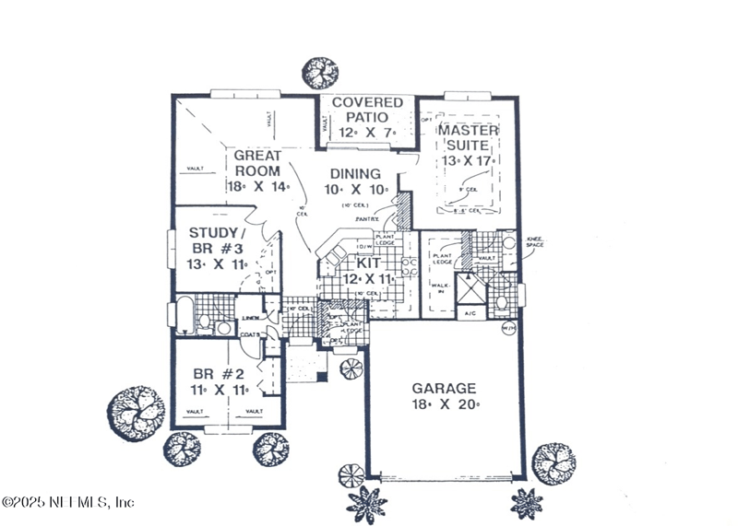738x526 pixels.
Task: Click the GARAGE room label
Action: (444, 389)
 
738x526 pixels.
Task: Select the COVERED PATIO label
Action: (367, 110)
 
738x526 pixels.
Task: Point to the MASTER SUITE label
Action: (468, 138)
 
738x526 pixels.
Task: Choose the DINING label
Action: (354, 173)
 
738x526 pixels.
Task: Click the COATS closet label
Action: (251, 334)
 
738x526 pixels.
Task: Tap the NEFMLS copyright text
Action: (69, 502)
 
